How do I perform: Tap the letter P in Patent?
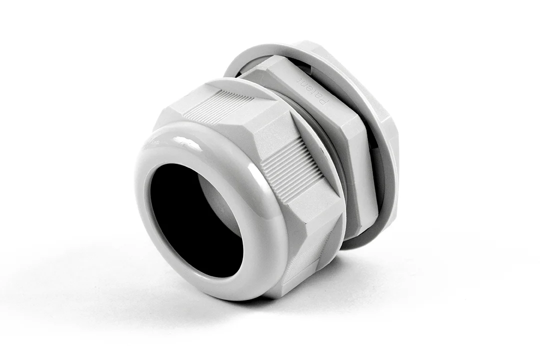pyautogui.click(x=325, y=102)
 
